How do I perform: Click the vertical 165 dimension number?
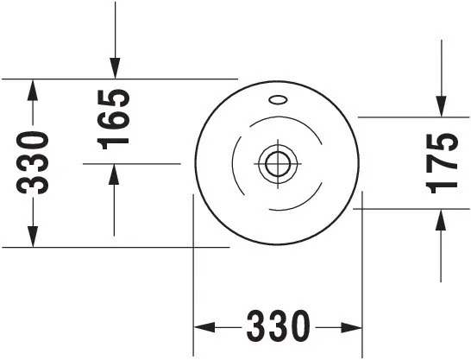tap(114, 120)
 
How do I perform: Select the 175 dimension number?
tap(442, 163)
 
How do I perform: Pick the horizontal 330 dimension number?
tap(278, 326)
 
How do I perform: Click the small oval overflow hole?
tap(278, 100)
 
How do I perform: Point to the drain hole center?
tap(278, 164)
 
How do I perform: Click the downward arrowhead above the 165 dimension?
tap(115, 68)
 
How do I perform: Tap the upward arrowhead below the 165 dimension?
tap(114, 174)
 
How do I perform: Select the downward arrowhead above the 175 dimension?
tap(442, 106)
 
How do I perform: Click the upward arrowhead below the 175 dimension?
tap(441, 220)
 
